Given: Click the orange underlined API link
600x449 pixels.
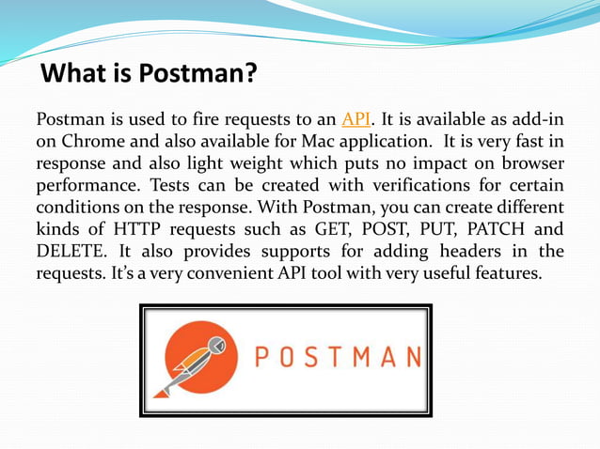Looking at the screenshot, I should [355, 119].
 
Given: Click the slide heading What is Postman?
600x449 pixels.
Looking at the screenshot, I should [150, 72].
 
